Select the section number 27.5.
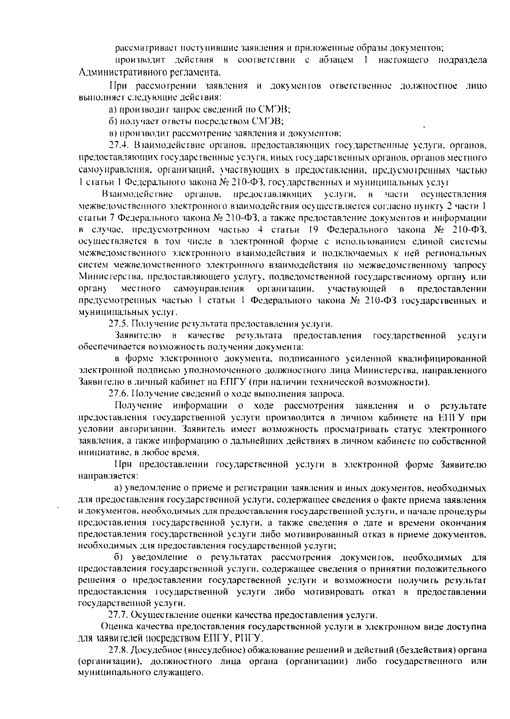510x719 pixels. pyautogui.click(x=118, y=324)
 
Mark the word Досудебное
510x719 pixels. pyautogui.click(x=153, y=650)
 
